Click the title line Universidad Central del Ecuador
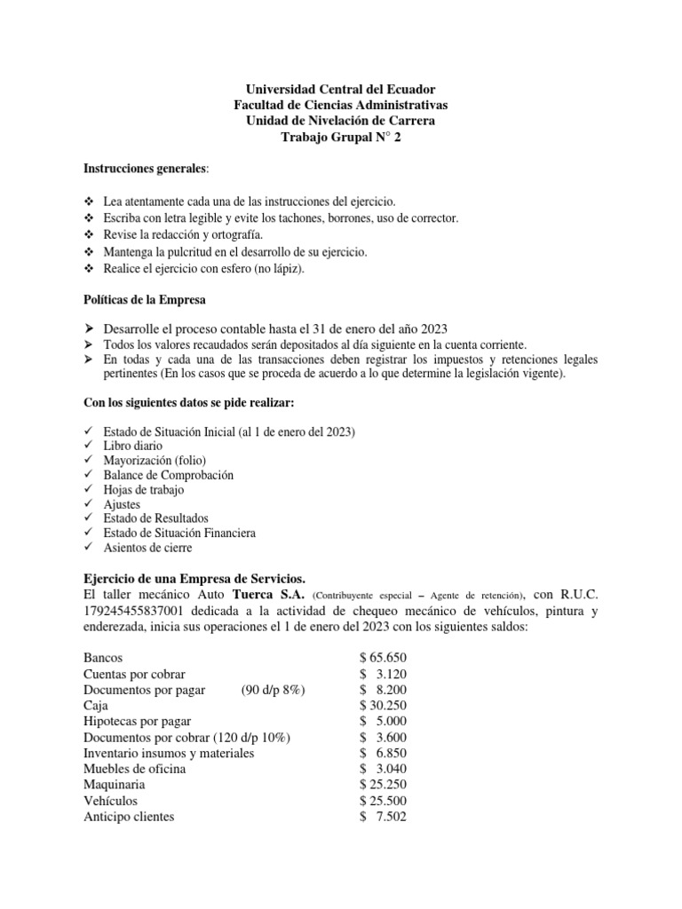[340, 90]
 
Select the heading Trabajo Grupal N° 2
[340, 138]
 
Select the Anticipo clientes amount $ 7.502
[383, 817]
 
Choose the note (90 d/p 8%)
[273, 690]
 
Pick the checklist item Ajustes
[122, 504]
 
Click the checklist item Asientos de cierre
[147, 548]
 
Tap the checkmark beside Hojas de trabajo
[87, 489]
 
